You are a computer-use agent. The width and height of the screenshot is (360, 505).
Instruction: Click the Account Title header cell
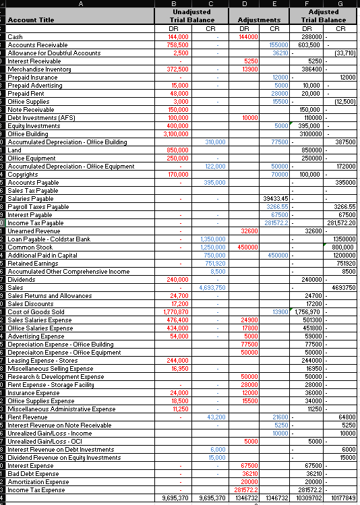pos(31,20)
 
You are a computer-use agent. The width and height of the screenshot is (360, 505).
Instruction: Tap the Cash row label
pos(16,36)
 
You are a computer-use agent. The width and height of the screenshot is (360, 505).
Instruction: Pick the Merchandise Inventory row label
pos(39,69)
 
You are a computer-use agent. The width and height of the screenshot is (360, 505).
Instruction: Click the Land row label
pos(15,150)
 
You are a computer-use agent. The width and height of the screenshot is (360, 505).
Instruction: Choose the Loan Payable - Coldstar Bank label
pos(49,239)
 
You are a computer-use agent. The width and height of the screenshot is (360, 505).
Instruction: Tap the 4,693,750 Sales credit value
pos(212,287)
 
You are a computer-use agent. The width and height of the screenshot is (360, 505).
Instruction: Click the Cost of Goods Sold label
pos(36,311)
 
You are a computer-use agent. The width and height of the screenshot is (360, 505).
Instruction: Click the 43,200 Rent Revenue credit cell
pos(216,417)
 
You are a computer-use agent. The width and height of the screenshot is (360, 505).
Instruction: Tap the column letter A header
pos(81,3)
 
